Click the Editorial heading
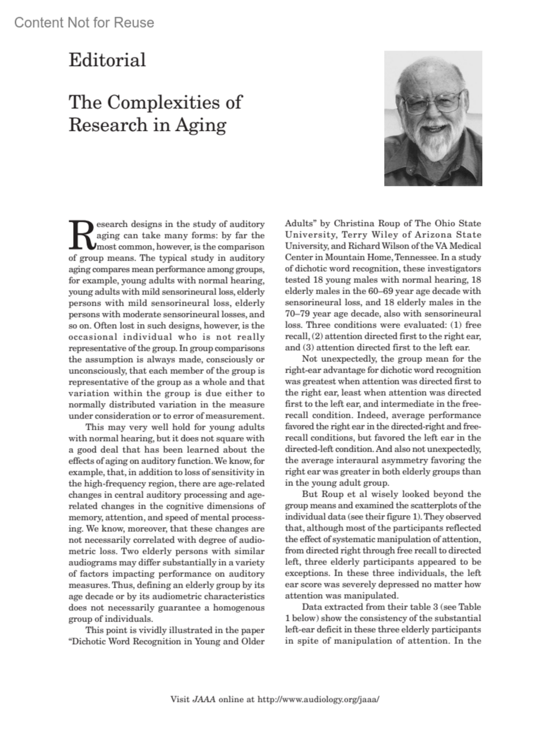pyautogui.click(x=107, y=60)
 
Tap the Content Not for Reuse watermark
pyautogui.click(x=84, y=22)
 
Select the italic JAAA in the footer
pyautogui.click(x=204, y=699)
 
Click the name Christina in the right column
pyautogui.click(x=353, y=224)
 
